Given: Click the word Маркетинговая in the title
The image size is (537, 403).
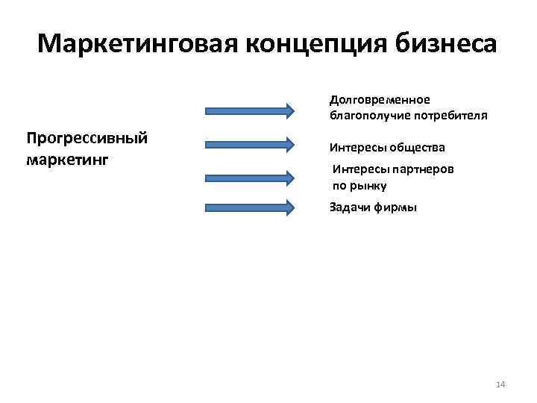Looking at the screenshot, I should (x=136, y=43).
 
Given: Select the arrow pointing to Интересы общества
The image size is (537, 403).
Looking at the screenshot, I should (x=250, y=143).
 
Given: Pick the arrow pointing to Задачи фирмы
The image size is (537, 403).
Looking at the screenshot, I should (x=250, y=208).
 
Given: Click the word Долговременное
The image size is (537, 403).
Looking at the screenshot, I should (x=380, y=100).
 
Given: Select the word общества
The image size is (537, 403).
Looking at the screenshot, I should (x=417, y=148).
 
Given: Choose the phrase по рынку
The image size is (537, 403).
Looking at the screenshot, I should (x=359, y=186).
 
